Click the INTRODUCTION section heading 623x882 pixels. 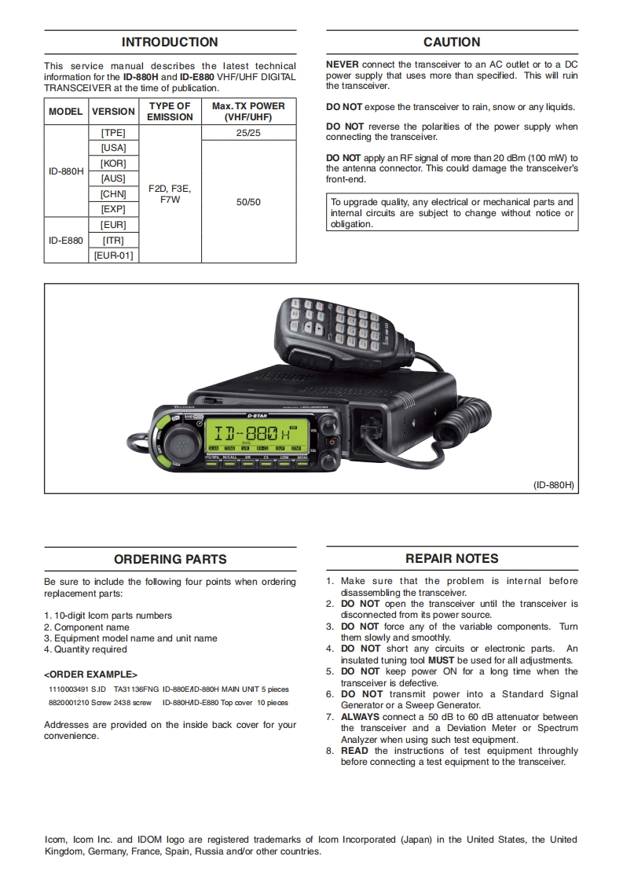click(x=170, y=42)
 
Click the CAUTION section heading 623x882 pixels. click(x=452, y=42)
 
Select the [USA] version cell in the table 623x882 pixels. click(x=114, y=148)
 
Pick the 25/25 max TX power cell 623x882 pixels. click(x=248, y=133)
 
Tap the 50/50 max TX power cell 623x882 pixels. click(x=248, y=202)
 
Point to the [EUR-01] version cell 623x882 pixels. click(x=114, y=255)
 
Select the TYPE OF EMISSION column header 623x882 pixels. click(x=170, y=112)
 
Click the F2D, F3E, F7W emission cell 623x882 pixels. click(x=170, y=194)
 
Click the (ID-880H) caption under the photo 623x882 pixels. click(x=555, y=486)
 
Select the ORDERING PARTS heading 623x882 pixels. click(x=170, y=560)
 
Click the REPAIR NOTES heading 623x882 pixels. click(x=452, y=559)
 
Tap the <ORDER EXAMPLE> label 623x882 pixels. click(x=90, y=674)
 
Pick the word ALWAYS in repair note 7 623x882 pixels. click(x=360, y=717)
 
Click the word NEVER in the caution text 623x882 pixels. click(x=341, y=64)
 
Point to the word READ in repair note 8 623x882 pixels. click(x=354, y=751)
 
